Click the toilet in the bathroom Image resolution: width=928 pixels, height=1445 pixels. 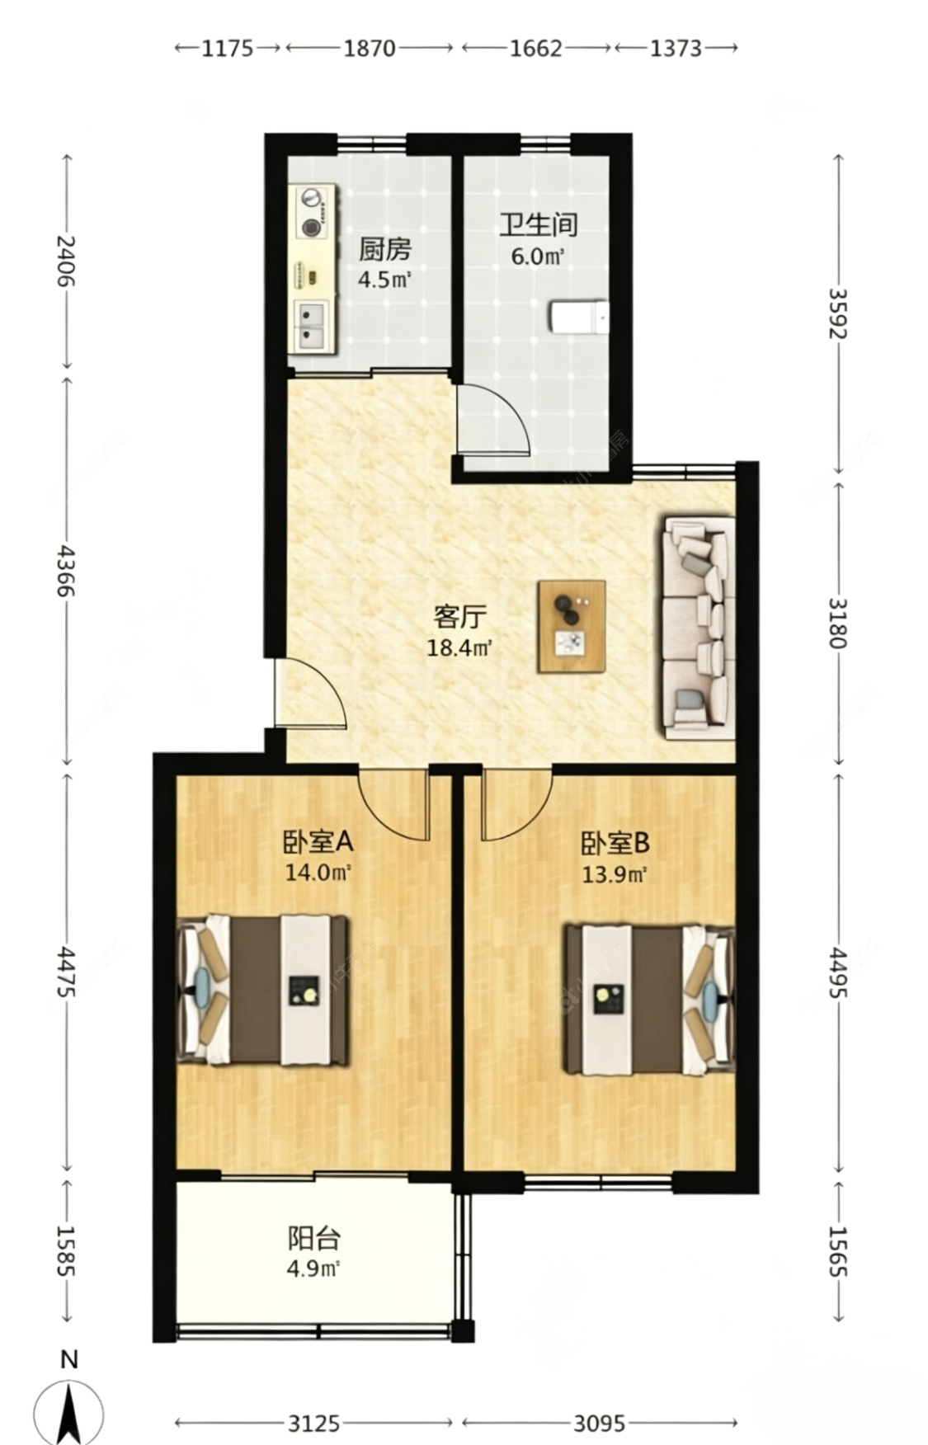click(579, 317)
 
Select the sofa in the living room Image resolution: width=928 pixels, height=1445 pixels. click(699, 628)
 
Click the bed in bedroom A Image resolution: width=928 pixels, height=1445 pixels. click(263, 990)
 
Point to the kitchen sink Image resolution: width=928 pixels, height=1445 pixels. click(312, 325)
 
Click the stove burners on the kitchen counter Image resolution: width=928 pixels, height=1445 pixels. click(312, 212)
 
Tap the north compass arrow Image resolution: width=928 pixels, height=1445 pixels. click(69, 1411)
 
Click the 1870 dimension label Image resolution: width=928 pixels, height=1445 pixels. click(369, 48)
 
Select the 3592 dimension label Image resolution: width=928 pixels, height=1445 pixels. click(838, 313)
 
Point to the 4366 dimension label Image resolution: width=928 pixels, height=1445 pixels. click(66, 570)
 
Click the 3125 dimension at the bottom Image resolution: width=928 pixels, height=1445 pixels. click(313, 1423)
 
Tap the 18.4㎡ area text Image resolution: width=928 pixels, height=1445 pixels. click(459, 647)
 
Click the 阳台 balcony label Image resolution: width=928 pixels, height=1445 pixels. click(313, 1238)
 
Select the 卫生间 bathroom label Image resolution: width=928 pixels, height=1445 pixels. click(538, 225)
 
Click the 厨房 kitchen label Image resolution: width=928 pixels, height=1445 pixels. click(384, 248)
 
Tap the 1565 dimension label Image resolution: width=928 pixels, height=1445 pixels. click(838, 1250)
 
